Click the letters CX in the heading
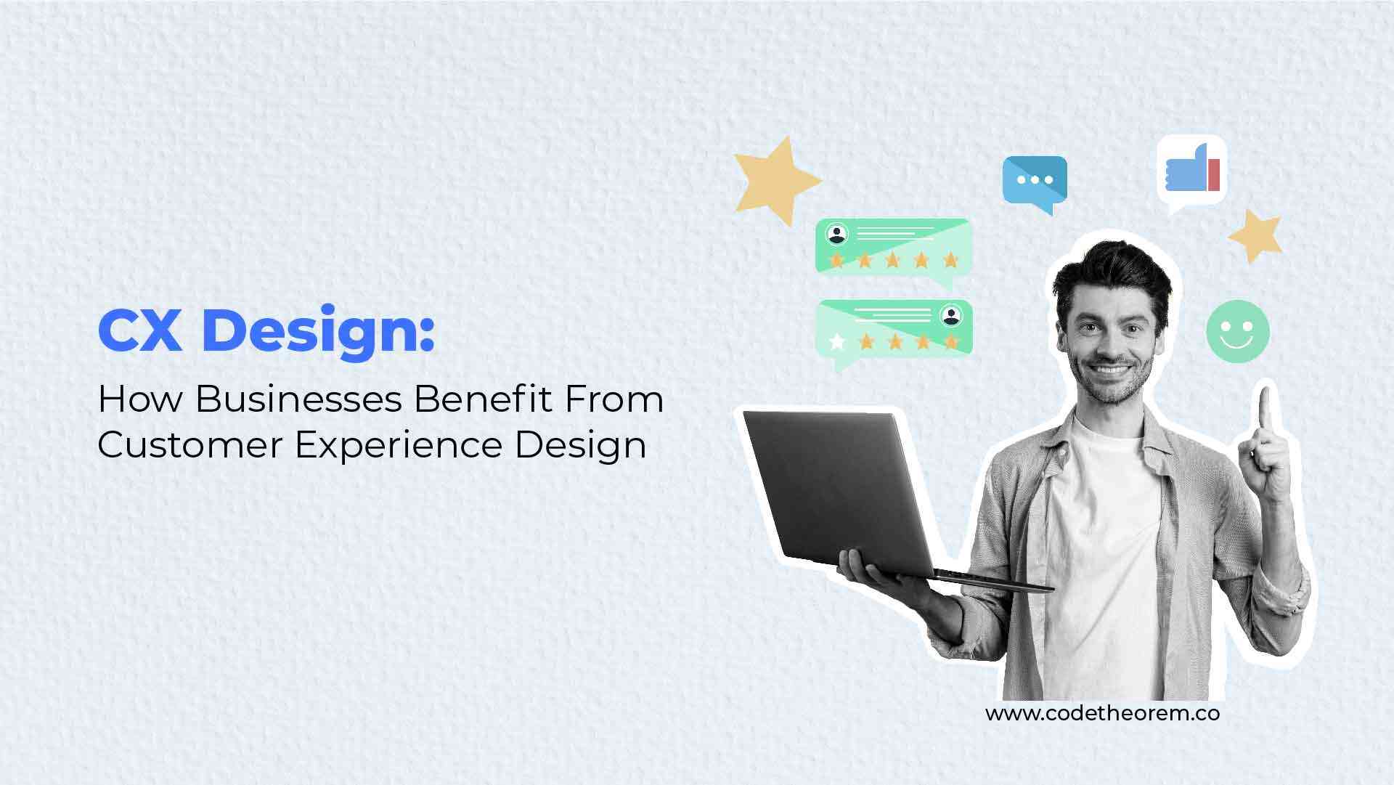[140, 331]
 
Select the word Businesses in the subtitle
[298, 400]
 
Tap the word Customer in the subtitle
[189, 444]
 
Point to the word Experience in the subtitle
[399, 444]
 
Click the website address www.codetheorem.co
[1101, 713]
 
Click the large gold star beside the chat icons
[776, 179]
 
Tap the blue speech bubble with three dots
[1035, 182]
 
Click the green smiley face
[1238, 330]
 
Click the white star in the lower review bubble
[838, 341]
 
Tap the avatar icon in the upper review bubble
[839, 235]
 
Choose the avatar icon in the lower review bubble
[950, 315]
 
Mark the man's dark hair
[1112, 273]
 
